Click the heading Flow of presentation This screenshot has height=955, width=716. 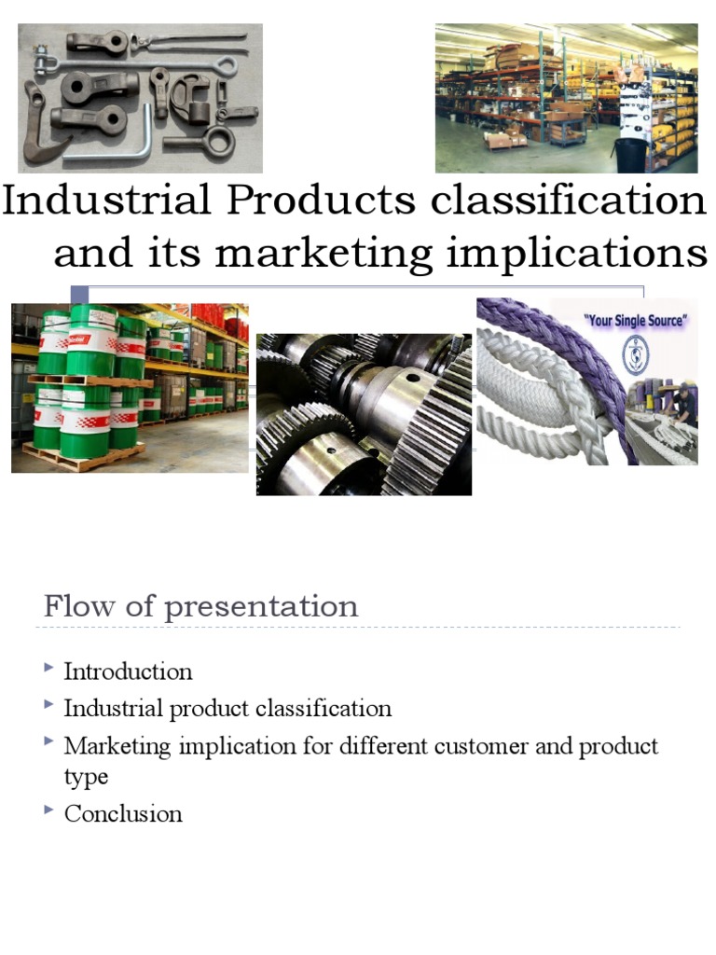tap(200, 606)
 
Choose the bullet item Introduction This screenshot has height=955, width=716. tap(128, 671)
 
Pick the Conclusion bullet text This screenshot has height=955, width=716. tap(123, 813)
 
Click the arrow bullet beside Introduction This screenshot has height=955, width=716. tap(48, 668)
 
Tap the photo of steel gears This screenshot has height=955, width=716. tap(364, 413)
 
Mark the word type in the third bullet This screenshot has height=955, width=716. tap(86, 777)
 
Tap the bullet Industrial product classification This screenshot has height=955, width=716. tap(227, 709)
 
